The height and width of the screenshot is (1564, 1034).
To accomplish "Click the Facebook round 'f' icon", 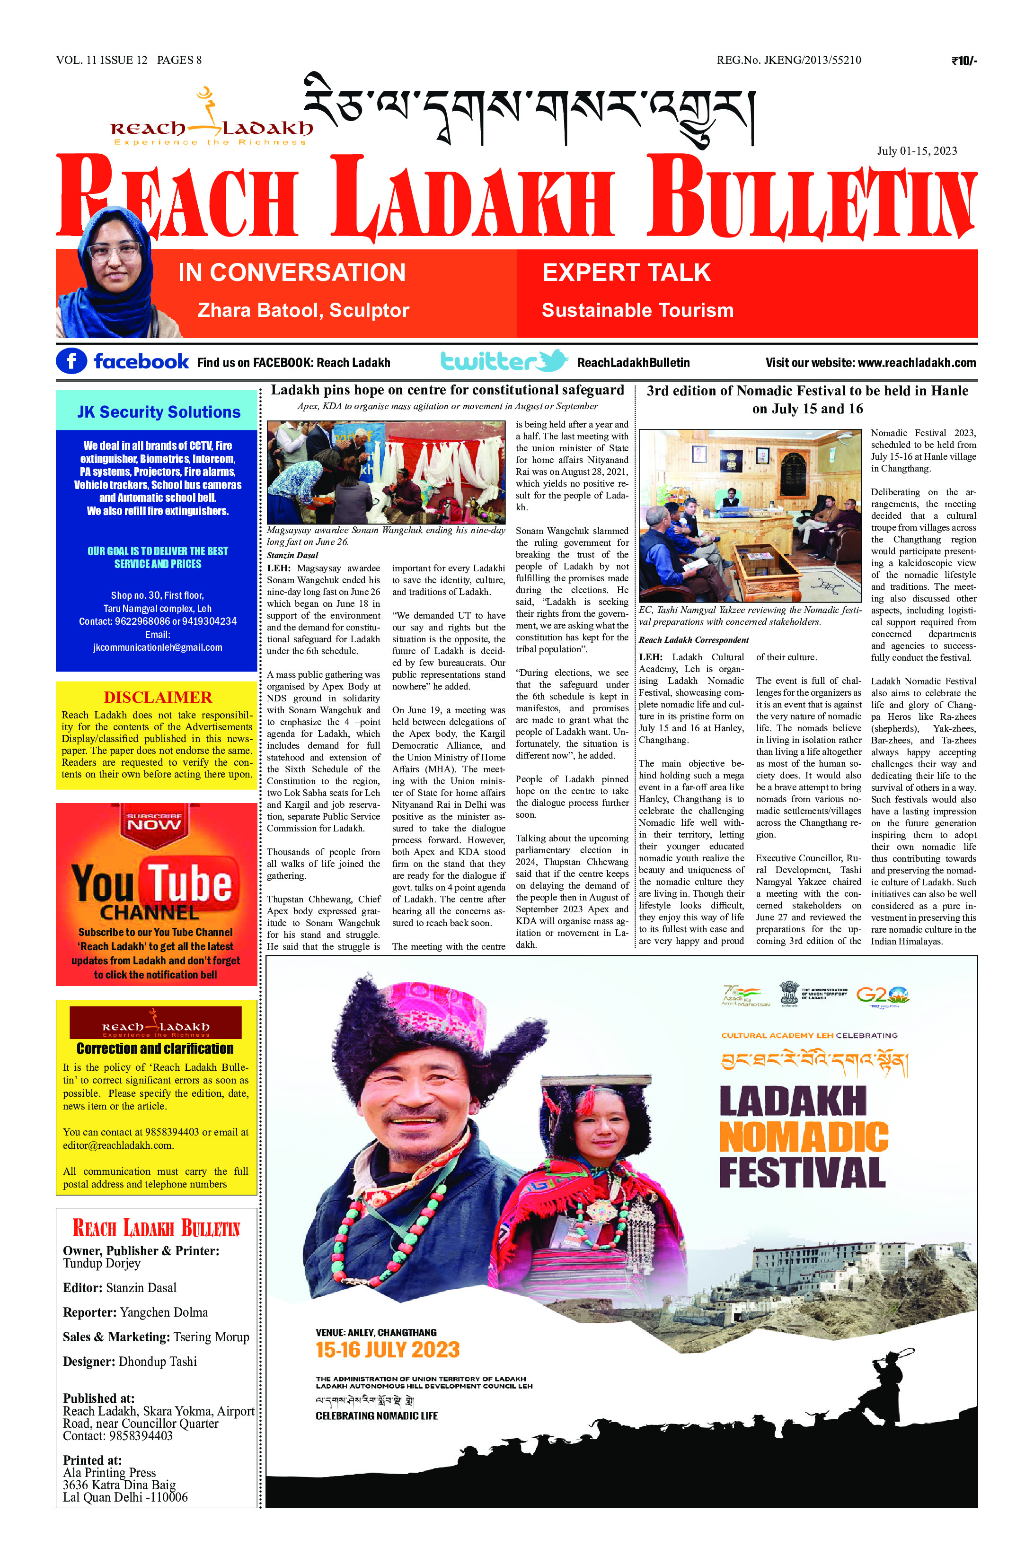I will tap(71, 361).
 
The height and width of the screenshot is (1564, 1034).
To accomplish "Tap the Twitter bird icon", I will tap(553, 360).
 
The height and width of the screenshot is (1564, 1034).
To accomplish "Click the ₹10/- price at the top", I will tap(963, 61).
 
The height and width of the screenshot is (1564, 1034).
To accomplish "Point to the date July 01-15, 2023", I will tap(916, 150).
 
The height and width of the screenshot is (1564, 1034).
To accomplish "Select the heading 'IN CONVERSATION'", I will tap(292, 272).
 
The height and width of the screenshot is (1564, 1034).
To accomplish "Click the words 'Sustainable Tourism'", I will tap(637, 310).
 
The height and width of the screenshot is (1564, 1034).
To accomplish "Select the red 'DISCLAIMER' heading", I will tap(158, 697).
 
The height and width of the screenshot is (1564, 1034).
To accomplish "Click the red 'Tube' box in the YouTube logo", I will tap(190, 882).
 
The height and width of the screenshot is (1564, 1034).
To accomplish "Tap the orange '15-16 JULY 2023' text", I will tap(387, 1349).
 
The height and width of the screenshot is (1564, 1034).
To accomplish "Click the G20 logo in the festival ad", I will tap(882, 995).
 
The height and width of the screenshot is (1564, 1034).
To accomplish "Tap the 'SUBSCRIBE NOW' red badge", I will tap(154, 822).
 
